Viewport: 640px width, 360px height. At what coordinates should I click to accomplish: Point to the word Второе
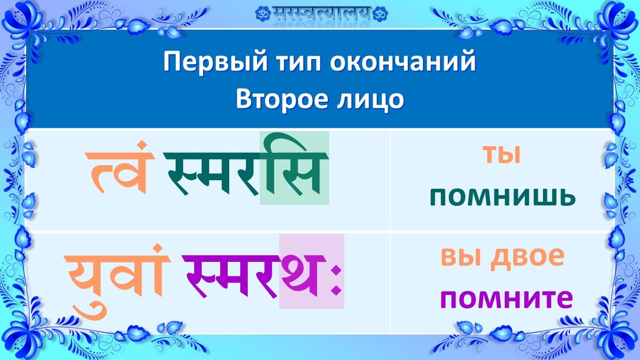point(282,100)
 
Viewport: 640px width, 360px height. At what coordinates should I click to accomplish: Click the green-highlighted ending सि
point(294,168)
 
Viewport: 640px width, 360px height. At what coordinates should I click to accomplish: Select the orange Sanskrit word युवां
point(116,281)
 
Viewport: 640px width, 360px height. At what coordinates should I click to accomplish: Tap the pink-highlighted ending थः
point(311,271)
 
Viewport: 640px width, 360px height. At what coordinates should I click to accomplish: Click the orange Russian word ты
point(502,155)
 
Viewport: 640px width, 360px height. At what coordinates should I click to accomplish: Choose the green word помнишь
point(502,197)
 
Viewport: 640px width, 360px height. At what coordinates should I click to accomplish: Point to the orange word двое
point(527,259)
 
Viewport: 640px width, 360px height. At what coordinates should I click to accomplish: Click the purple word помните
point(507,299)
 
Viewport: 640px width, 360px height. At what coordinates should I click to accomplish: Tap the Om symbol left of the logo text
point(263,14)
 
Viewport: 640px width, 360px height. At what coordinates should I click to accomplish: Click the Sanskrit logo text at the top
point(322,14)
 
